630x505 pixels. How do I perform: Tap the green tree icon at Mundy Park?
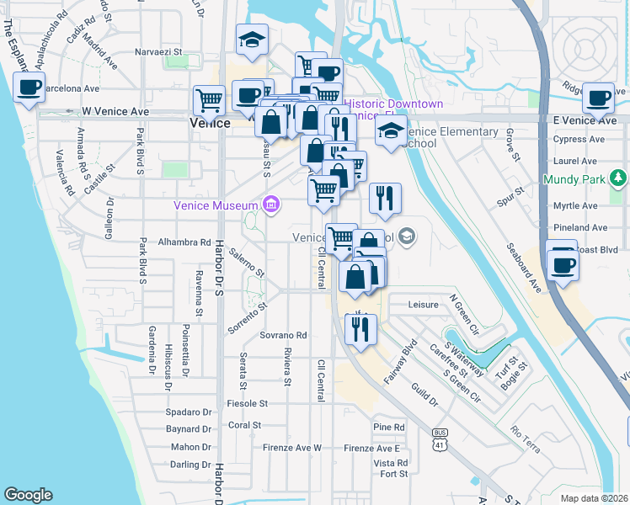pos(619,178)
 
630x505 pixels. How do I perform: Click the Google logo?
pos(28,495)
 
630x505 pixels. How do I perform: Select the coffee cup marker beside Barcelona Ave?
pos(29,87)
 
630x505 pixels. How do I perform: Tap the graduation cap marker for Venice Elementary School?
pos(391,131)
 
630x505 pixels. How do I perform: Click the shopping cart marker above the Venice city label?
pos(208,99)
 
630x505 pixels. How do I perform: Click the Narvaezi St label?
pos(159,52)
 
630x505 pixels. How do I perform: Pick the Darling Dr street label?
pos(189,465)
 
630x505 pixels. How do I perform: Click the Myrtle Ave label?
pos(575,205)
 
